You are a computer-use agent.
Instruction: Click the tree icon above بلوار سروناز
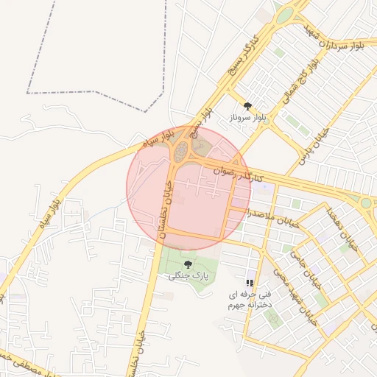(247, 106)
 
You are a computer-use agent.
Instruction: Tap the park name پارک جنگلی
(188, 275)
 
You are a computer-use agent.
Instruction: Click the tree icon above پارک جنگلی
(188, 263)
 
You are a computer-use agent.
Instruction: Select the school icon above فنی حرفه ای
(250, 282)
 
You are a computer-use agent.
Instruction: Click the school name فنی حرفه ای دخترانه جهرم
(250, 297)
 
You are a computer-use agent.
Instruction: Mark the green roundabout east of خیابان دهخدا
(365, 202)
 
